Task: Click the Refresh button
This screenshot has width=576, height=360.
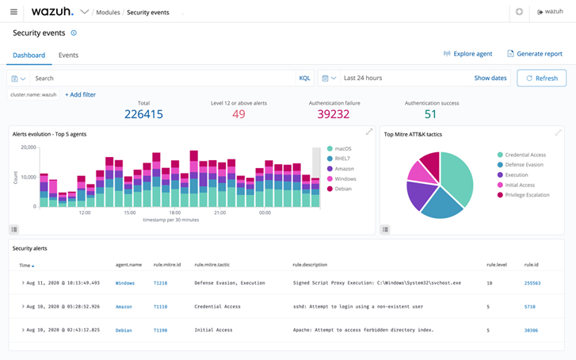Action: click(x=542, y=79)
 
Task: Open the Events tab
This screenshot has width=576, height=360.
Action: click(x=68, y=56)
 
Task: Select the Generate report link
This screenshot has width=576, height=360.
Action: click(x=535, y=54)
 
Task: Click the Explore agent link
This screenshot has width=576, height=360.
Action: click(x=468, y=54)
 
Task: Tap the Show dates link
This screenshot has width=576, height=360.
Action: click(x=490, y=79)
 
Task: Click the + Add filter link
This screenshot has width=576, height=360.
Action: click(x=80, y=94)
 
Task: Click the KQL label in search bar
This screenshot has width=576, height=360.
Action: click(x=304, y=79)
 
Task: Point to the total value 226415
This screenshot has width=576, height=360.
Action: click(x=143, y=114)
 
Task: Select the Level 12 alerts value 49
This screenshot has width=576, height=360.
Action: click(x=238, y=114)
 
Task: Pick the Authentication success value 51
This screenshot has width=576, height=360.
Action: click(x=431, y=114)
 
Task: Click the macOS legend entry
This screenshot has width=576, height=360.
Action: click(x=342, y=148)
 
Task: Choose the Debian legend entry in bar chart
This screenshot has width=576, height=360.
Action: click(x=344, y=189)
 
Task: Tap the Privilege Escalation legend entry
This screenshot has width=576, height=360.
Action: click(x=527, y=193)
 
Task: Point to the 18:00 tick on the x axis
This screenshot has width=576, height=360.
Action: click(x=174, y=213)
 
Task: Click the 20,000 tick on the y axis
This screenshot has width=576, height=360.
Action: click(x=27, y=147)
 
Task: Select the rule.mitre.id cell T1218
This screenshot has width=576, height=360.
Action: click(x=161, y=282)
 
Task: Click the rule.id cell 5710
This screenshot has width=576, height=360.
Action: click(x=530, y=306)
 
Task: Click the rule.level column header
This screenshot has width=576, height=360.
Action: click(x=495, y=265)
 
